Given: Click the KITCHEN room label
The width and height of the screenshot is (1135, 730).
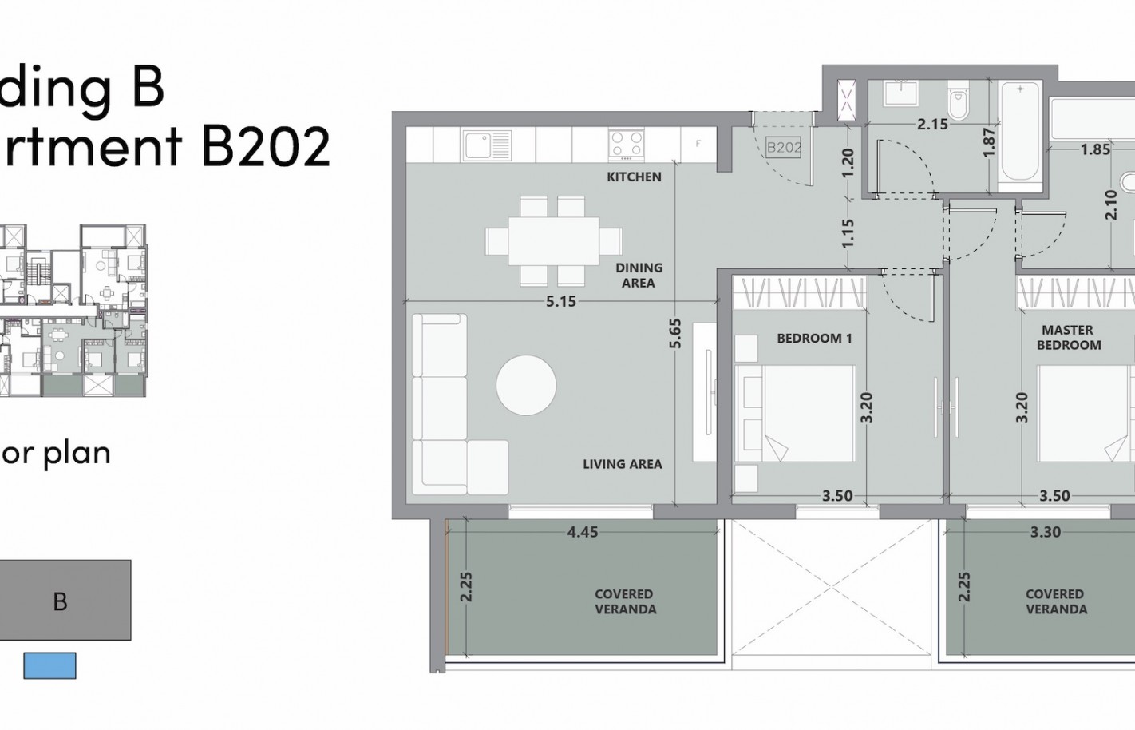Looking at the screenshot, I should [x=634, y=177].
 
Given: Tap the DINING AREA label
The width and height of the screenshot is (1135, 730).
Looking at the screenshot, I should [x=639, y=275].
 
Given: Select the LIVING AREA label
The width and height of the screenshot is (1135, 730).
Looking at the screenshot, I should [x=622, y=464].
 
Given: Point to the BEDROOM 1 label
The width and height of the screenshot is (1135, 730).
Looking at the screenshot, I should [x=814, y=339].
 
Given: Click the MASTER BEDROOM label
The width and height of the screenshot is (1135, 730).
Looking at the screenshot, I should [x=1068, y=337].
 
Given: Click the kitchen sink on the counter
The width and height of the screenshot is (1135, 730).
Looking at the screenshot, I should [x=485, y=145].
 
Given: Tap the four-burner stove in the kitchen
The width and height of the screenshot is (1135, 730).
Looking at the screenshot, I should [x=626, y=145].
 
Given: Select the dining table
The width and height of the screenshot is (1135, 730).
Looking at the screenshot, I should [x=553, y=240].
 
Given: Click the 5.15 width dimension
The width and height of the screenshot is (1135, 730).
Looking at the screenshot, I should [x=560, y=302].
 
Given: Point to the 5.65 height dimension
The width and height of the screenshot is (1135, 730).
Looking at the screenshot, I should [x=675, y=333].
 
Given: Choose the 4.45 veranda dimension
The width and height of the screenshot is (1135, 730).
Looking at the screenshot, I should [x=582, y=532].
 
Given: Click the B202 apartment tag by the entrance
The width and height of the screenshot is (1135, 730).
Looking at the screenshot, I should [x=783, y=147].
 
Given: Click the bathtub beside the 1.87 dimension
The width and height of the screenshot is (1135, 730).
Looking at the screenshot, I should [x=1019, y=132].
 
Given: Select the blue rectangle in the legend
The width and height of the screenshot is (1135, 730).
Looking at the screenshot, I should [x=49, y=665].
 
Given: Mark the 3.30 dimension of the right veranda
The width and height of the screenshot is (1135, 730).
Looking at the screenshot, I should [x=1045, y=532].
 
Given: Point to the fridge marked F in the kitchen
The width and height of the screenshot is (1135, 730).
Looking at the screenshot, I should [x=698, y=144].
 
